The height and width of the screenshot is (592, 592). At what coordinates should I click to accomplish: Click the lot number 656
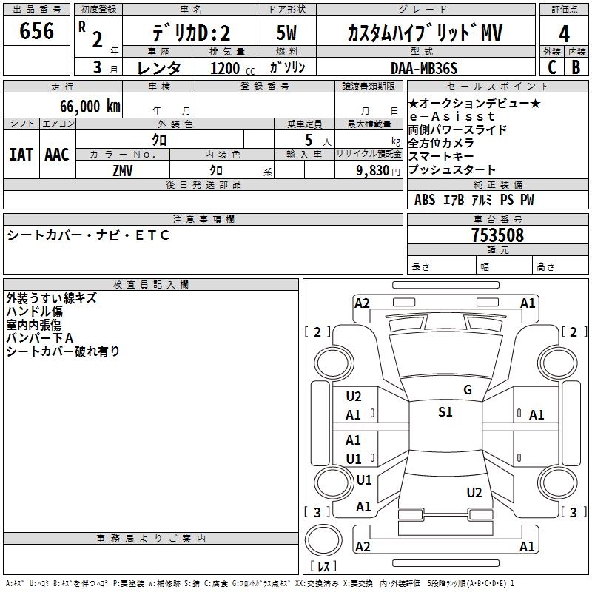coord(37,31)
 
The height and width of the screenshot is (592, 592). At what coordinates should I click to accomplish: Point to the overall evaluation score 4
coord(565,34)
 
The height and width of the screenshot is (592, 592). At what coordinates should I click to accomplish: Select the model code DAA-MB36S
coord(424,68)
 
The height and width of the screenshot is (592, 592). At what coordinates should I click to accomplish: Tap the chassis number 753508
coord(497,235)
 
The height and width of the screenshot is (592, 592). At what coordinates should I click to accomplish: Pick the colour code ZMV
coord(123,170)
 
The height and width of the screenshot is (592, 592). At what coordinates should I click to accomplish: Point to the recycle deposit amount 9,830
coord(368,170)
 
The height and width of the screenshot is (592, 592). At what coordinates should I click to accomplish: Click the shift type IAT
coord(21,155)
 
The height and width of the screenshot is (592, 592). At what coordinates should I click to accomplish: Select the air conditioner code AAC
coord(57,155)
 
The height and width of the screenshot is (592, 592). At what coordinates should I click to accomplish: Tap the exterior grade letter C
coord(552,67)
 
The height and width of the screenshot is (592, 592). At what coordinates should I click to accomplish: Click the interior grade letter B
coord(576,67)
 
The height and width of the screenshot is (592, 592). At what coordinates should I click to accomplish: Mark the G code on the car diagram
coord(467,390)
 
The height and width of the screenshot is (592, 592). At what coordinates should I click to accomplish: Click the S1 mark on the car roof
coord(445,412)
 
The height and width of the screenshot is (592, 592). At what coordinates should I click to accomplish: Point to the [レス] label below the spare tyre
coord(323,567)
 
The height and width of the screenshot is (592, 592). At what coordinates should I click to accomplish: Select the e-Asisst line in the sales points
coord(451,117)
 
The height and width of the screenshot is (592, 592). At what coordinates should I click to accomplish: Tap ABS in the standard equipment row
coord(425,200)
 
